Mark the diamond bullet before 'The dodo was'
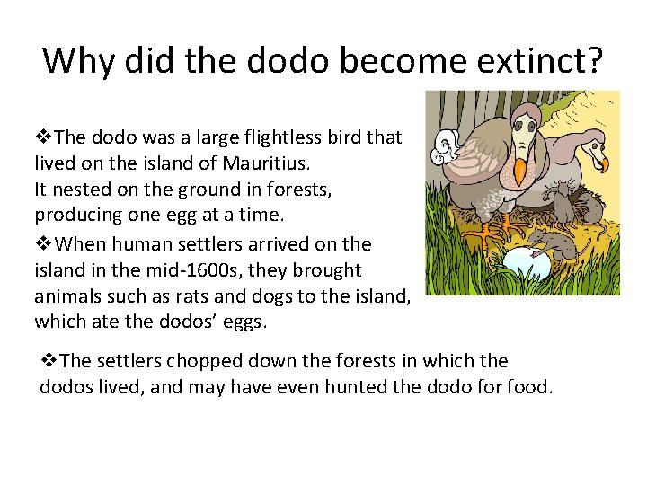[x=42, y=138]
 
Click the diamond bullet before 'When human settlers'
[x=42, y=244]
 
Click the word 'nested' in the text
[x=80, y=190]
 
